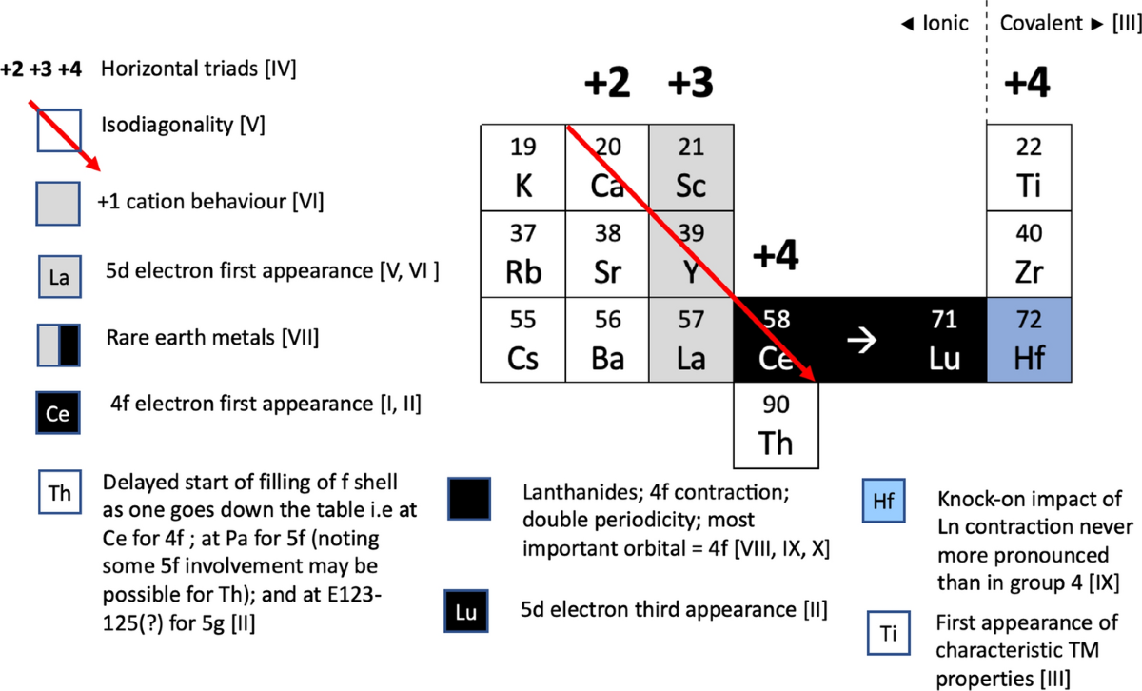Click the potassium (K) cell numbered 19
click(x=523, y=168)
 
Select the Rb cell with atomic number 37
click(x=523, y=253)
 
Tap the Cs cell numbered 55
click(x=523, y=339)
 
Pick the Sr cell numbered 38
click(x=607, y=253)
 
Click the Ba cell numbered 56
click(x=607, y=339)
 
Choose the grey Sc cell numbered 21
click(x=691, y=168)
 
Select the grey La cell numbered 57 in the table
click(x=691, y=339)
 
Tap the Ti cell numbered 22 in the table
click(x=1029, y=168)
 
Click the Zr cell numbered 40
click(x=1029, y=253)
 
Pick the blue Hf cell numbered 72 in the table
click(x=1029, y=339)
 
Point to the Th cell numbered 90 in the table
click(x=776, y=425)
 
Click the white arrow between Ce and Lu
click(x=861, y=343)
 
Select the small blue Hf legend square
click(x=884, y=501)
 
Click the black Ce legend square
click(x=58, y=414)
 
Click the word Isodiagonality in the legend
click(x=156, y=125)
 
